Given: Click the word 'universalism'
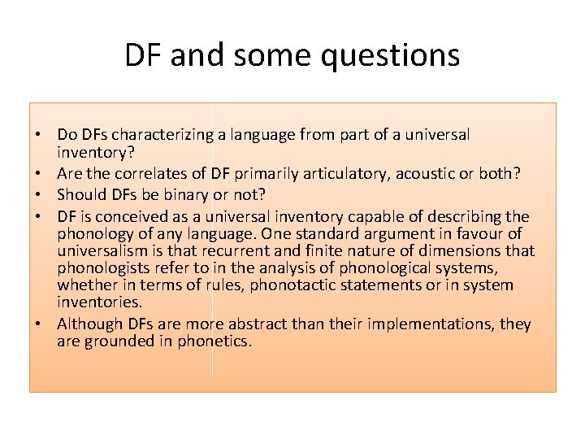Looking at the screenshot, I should pos(105,250).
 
